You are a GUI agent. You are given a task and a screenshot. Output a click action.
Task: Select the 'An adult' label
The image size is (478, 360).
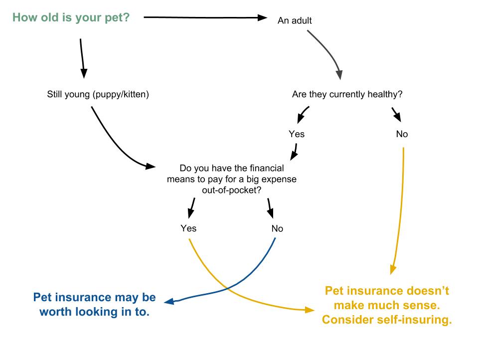295,21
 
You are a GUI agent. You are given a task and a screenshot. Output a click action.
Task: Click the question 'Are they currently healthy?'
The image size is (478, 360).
347,94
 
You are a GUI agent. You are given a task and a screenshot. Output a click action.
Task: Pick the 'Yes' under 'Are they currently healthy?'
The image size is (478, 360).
296,134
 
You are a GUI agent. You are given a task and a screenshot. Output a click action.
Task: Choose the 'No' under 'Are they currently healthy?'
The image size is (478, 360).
402,134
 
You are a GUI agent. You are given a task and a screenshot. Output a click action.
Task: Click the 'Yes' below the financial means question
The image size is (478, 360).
188,228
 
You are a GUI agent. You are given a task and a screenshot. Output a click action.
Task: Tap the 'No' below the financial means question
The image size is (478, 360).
277,228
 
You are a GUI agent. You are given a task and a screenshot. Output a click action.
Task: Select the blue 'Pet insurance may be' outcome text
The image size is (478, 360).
94,298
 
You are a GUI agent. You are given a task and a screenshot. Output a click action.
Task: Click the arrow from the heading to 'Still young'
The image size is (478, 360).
82,55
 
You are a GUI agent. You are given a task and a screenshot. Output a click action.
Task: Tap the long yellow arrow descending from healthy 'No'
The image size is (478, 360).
402,209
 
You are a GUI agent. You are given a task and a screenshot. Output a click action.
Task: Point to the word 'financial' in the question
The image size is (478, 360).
265,169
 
